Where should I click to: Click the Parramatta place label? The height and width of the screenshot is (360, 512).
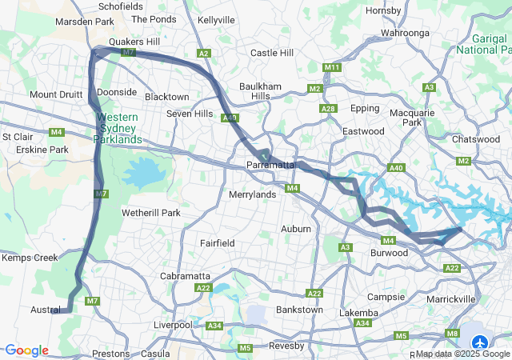pyautogui.click(x=271, y=166)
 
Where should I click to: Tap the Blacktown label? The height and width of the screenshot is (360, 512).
pyautogui.click(x=167, y=97)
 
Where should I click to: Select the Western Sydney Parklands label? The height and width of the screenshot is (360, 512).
pyautogui.click(x=118, y=128)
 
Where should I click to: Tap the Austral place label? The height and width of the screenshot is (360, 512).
pyautogui.click(x=46, y=310)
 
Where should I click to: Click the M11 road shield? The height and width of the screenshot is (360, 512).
pyautogui.click(x=332, y=67)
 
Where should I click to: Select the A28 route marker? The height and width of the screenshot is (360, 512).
pyautogui.click(x=327, y=108)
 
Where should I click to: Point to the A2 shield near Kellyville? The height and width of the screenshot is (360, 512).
pyautogui.click(x=204, y=54)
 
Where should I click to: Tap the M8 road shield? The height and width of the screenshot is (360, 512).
pyautogui.click(x=454, y=333)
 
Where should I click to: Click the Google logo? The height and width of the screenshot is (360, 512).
pyautogui.click(x=26, y=350)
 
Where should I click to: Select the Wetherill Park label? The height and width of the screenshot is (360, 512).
pyautogui.click(x=151, y=213)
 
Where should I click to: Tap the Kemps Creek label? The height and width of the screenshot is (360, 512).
pyautogui.click(x=30, y=258)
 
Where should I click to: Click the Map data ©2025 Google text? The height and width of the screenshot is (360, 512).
pyautogui.click(x=462, y=354)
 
